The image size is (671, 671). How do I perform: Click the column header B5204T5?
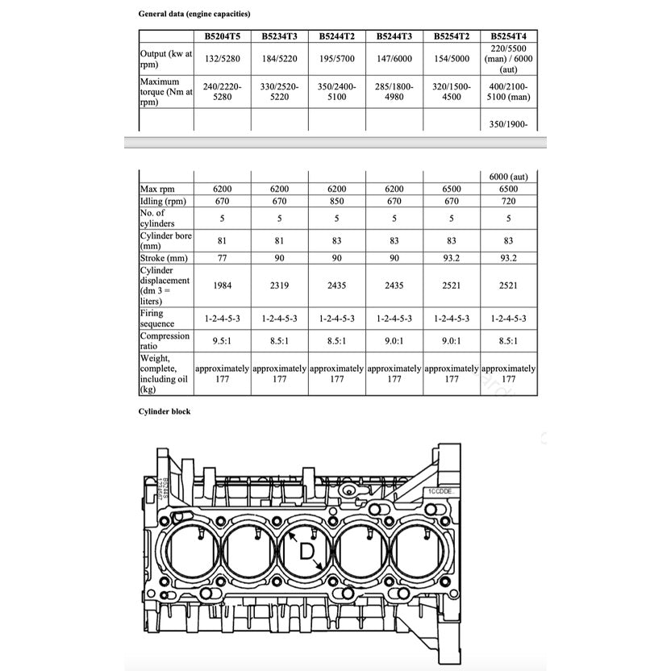[x=223, y=36]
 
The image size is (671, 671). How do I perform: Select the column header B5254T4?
[x=508, y=36]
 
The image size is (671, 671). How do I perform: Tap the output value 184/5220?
[x=280, y=59]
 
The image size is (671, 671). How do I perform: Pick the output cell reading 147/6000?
[x=394, y=59]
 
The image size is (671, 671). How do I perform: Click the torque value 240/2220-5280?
[x=223, y=91]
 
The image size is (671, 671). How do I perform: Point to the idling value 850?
[x=337, y=201]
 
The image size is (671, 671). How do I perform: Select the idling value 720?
[x=508, y=201]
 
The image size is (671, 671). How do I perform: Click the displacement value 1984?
[x=223, y=285]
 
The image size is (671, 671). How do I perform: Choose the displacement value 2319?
[x=280, y=285]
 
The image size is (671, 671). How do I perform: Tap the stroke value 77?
[x=223, y=258]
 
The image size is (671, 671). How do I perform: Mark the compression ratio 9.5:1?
[x=223, y=341]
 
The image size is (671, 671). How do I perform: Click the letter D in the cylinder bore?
[x=307, y=552]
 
